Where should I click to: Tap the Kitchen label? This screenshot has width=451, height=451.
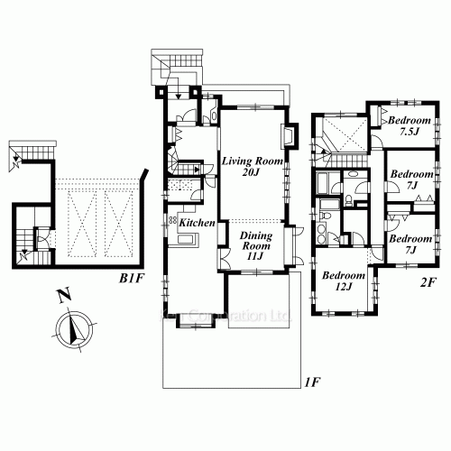[x=196, y=222]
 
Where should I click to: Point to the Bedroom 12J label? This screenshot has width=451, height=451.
[x=344, y=281]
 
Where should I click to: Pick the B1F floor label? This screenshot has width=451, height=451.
[x=133, y=277]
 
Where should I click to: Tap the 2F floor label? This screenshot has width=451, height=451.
[x=428, y=280]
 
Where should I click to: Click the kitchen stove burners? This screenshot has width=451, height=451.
[x=171, y=221]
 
